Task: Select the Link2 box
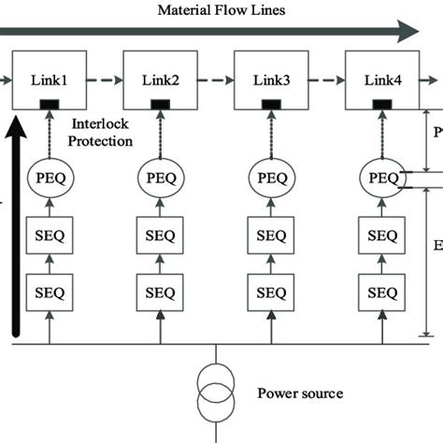point(160,80)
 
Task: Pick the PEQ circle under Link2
point(161,177)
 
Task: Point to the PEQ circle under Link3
point(272,177)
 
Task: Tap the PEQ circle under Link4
point(382,177)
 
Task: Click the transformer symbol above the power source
point(216,393)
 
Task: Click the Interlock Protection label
point(100,134)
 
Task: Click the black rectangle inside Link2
point(161,103)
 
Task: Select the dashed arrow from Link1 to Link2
point(104,81)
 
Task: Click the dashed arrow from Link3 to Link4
point(326,81)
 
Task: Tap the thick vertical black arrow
point(15,224)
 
